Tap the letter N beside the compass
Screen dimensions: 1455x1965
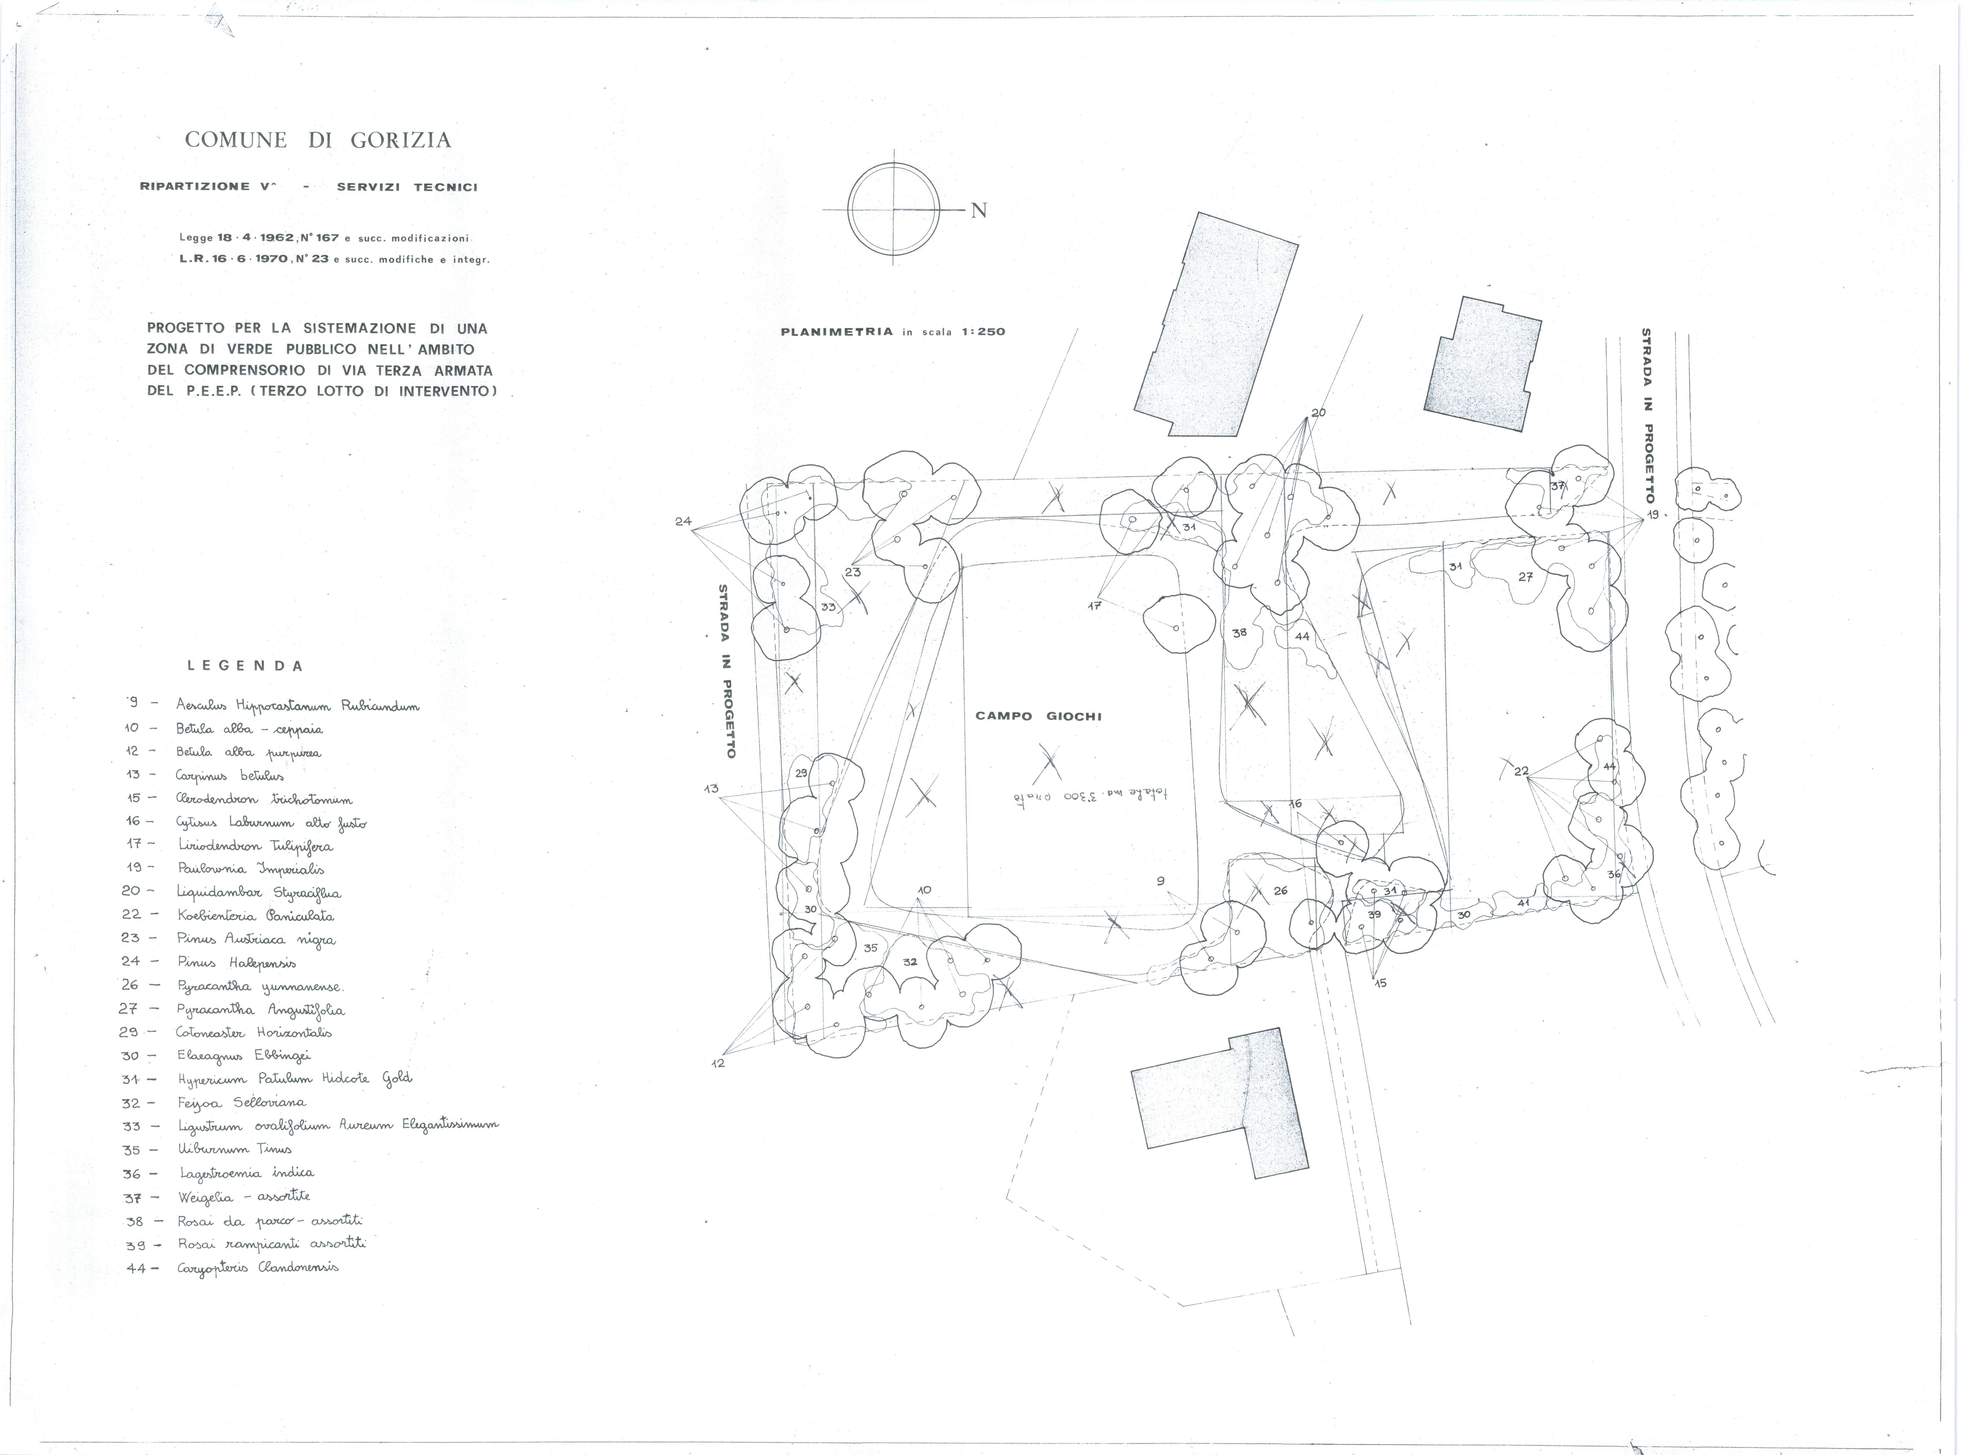(979, 210)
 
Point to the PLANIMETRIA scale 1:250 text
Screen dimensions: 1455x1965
(892, 332)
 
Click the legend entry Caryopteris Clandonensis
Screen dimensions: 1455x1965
(257, 1267)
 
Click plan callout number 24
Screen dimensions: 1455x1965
(683, 521)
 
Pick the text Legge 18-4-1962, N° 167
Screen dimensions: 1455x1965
(259, 238)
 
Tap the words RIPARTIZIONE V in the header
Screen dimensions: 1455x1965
(208, 187)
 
